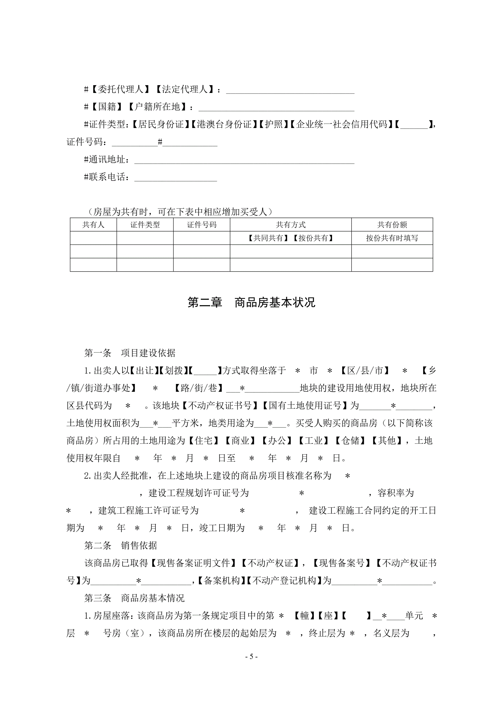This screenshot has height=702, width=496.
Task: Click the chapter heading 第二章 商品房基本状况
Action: tap(251, 302)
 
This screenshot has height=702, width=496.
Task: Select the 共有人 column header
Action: tap(93, 225)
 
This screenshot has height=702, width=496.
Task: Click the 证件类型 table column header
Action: tap(145, 225)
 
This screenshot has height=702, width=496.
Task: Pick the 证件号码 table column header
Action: tap(201, 225)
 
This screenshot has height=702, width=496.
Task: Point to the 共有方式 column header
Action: tap(290, 225)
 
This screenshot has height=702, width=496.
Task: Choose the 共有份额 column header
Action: tap(392, 225)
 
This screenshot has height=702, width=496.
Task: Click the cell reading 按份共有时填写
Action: tap(392, 238)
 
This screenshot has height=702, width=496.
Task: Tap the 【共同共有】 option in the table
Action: tap(268, 238)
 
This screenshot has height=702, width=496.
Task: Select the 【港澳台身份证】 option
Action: tap(224, 124)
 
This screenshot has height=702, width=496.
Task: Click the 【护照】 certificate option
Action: tap(274, 124)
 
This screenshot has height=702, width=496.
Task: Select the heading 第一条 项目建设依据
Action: tap(129, 353)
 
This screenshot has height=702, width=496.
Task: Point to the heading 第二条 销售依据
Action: tap(120, 545)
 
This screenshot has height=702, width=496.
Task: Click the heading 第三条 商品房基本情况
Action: tap(134, 598)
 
